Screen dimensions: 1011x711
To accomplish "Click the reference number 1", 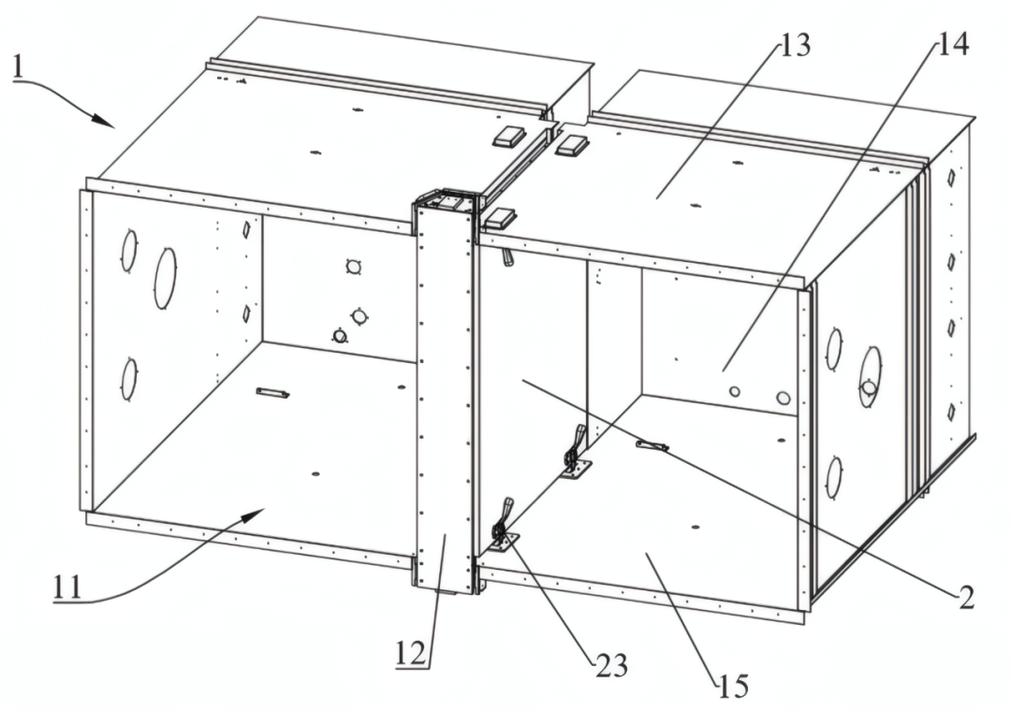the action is click(19, 67).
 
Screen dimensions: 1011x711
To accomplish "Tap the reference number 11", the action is click(67, 587).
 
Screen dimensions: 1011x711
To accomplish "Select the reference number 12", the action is click(411, 654).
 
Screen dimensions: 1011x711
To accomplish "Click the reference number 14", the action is click(952, 43).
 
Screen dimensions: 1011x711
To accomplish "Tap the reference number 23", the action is click(611, 665).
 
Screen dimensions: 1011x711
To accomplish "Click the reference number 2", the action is click(966, 598).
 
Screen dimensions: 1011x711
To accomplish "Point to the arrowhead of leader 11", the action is click(254, 513).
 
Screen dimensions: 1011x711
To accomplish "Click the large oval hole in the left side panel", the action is click(165, 278).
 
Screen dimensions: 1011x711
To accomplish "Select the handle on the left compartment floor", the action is click(272, 393).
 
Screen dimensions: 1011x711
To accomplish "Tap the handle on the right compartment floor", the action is click(652, 445).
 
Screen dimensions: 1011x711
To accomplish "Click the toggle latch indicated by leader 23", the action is click(504, 528).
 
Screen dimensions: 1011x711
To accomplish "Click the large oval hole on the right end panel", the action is click(870, 376).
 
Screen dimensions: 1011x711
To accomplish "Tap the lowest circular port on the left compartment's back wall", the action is click(340, 335).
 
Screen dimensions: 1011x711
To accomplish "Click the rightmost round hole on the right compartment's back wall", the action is click(783, 398).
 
